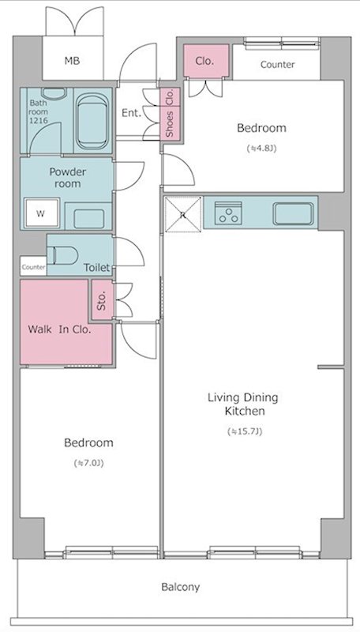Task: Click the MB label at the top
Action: click(x=72, y=61)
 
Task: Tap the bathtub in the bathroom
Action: click(x=92, y=122)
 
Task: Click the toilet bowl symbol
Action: click(x=63, y=255)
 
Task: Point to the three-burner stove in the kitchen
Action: click(x=228, y=213)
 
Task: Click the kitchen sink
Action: click(x=293, y=213)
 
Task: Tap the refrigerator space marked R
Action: click(x=183, y=214)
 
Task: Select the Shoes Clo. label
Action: click(x=170, y=113)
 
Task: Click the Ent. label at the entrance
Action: click(x=131, y=113)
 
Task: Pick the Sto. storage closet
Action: click(x=102, y=300)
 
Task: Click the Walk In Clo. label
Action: click(x=59, y=329)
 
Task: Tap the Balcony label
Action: click(x=181, y=587)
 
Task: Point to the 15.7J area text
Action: click(x=245, y=431)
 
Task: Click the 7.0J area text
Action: click(x=88, y=463)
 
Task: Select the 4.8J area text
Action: click(x=261, y=149)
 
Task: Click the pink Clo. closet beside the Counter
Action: click(x=206, y=61)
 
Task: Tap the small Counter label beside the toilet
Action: click(x=33, y=267)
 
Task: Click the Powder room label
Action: click(x=68, y=178)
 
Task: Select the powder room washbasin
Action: click(x=88, y=219)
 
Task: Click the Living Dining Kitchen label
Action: click(x=243, y=404)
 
